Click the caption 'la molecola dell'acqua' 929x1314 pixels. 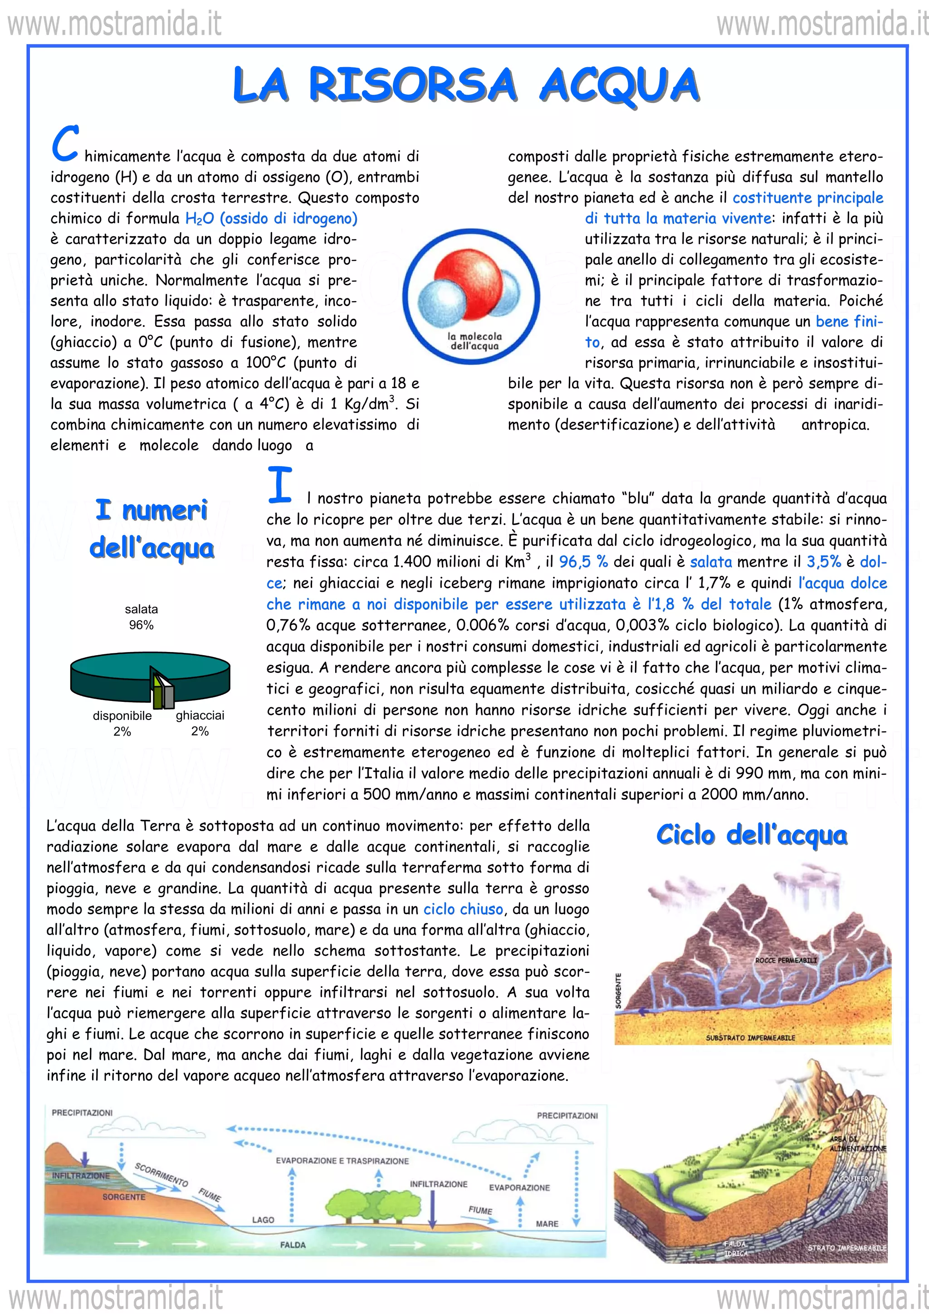click(474, 341)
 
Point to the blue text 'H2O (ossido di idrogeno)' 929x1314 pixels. click(271, 219)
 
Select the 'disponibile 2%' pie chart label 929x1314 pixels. click(122, 723)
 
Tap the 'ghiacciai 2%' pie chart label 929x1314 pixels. click(200, 723)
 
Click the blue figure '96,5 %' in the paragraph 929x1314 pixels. click(583, 562)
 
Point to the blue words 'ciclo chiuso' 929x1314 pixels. click(463, 909)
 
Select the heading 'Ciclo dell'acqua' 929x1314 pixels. click(752, 835)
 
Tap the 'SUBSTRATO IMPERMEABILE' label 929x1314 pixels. click(750, 1037)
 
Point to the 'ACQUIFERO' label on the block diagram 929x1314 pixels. click(854, 1178)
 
